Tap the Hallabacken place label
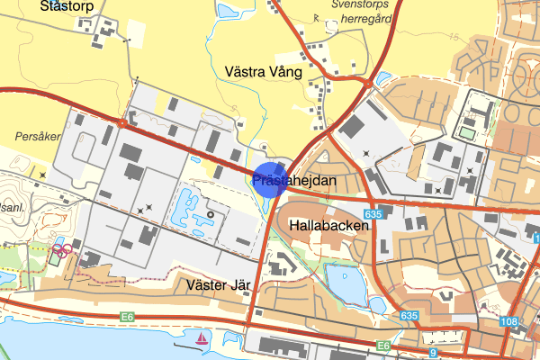[x=328, y=226]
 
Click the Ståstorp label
[x=67, y=5]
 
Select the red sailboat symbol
[x=203, y=338]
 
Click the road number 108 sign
[x=510, y=322]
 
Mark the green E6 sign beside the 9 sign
[x=384, y=345]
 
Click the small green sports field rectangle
[x=466, y=133]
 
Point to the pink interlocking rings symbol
[x=61, y=249]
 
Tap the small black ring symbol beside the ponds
[x=210, y=214]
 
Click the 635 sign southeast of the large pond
[x=409, y=316]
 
